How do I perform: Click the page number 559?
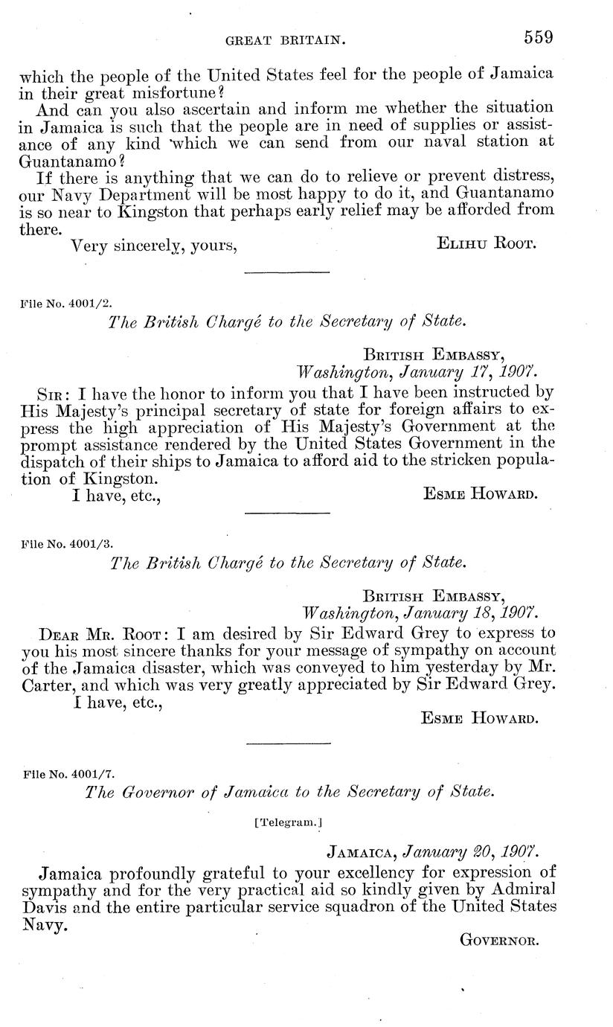point(541,36)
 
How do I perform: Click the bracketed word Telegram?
point(288,822)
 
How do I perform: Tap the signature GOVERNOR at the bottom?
point(498,940)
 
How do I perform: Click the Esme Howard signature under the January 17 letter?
point(479,493)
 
